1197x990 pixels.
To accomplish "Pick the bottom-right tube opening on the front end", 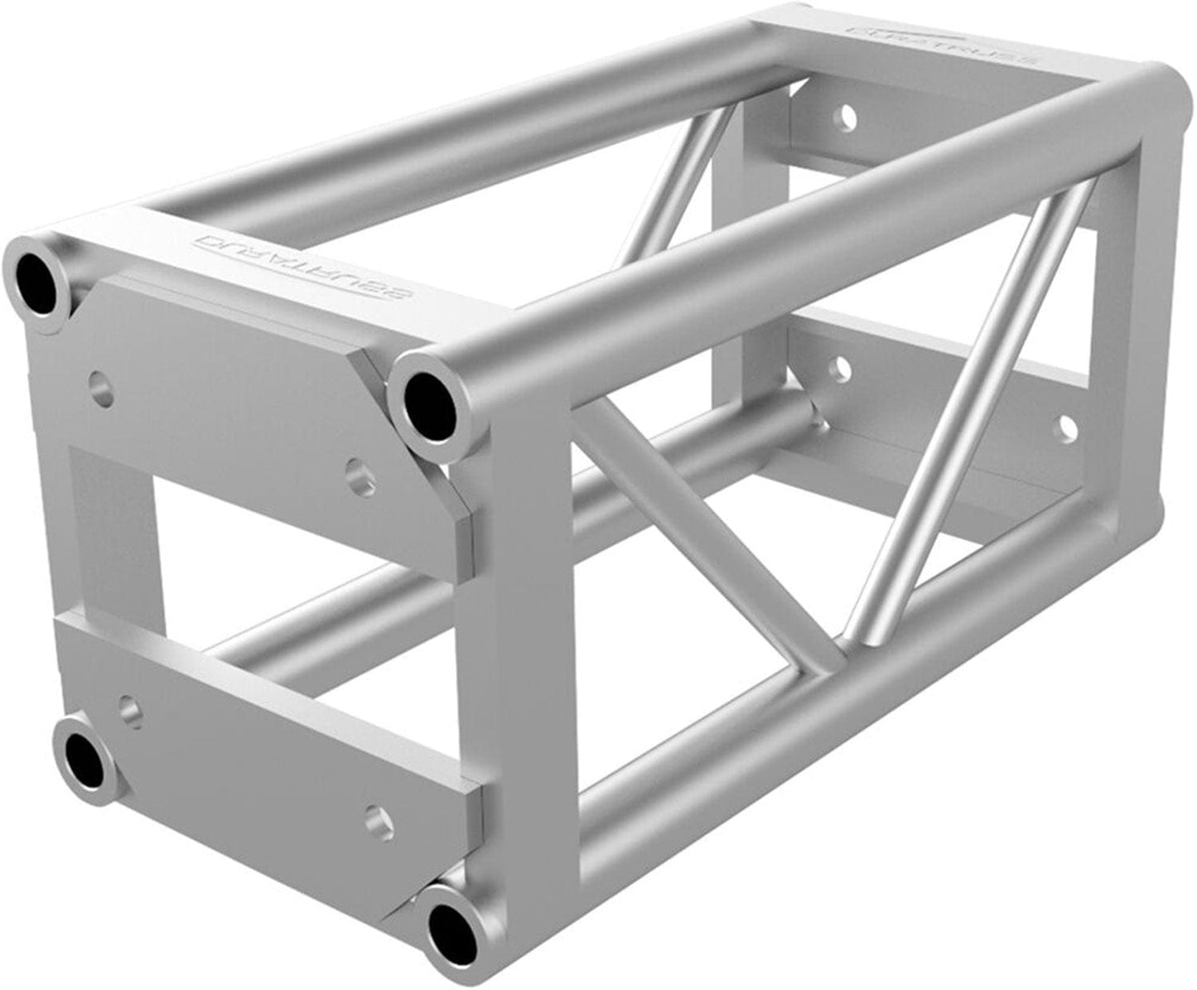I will (x=452, y=925).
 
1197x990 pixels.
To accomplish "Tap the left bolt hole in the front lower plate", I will (x=128, y=710).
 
